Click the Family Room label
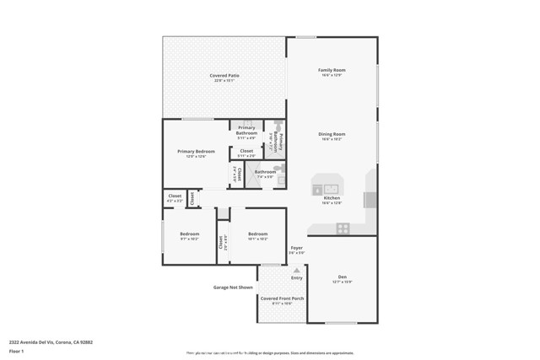coord(332,70)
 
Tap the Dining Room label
coord(332,134)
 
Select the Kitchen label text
coord(332,198)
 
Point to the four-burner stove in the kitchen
coord(343,228)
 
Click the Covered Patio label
coord(224,76)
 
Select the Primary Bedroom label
coord(196,152)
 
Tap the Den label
coord(343,277)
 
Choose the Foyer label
coord(296,248)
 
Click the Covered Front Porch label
coord(282,298)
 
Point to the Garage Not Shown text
coord(232,287)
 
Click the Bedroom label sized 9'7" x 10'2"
coord(189,234)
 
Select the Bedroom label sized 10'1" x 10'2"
coord(257,234)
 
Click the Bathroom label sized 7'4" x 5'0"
coord(265,172)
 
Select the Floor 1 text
coord(17,351)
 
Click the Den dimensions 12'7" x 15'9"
coord(343,282)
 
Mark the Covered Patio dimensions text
coord(224,81)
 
